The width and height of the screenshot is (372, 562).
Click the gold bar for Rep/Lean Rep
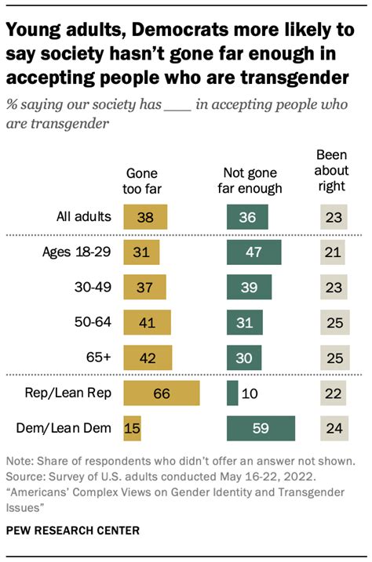click(162, 393)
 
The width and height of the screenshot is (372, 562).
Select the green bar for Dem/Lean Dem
click(260, 429)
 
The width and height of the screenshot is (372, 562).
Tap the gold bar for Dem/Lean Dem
click(132, 429)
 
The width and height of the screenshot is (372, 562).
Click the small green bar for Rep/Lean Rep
click(232, 393)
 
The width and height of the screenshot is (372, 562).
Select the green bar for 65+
click(243, 358)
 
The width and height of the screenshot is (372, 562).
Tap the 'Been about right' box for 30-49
click(333, 288)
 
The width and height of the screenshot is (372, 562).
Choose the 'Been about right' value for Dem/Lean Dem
click(333, 429)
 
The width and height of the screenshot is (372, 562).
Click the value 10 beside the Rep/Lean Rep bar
click(250, 393)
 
